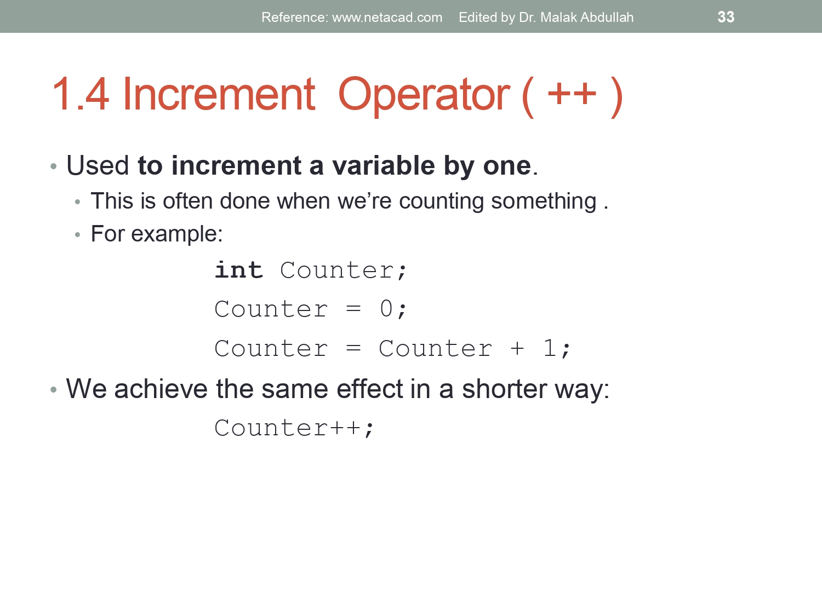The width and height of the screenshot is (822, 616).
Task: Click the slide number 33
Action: [726, 17]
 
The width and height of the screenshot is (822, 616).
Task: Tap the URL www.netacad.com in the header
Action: [387, 18]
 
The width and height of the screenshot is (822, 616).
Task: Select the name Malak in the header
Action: [558, 18]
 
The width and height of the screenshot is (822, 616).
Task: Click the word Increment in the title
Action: [219, 95]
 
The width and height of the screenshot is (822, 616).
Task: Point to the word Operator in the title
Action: [424, 95]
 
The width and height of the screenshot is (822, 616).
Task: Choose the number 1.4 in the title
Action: [81, 95]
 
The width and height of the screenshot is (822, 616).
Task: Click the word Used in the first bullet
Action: [98, 165]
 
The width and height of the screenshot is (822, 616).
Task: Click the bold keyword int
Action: [239, 270]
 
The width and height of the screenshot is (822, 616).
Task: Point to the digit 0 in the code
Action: [386, 309]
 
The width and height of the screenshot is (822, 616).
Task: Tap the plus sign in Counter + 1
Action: [517, 349]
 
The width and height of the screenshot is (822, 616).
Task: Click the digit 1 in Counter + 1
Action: [550, 348]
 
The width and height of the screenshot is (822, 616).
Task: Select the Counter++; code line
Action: [294, 428]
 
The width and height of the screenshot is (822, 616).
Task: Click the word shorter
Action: [504, 389]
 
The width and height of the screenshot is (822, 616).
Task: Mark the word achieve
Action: [161, 389]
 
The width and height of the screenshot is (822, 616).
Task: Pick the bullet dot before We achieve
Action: [53, 390]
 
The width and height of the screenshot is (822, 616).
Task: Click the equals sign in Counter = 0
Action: [353, 309]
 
